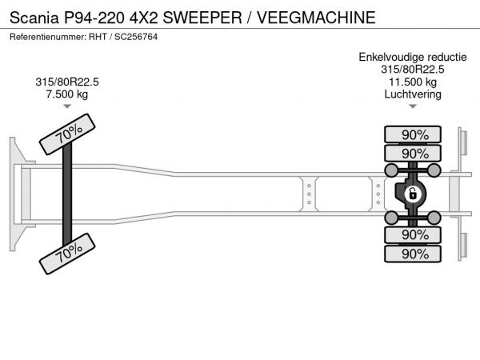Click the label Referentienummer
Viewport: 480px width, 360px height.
(52, 37)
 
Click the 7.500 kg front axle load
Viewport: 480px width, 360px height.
(67, 94)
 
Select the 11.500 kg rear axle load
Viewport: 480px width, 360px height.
(413, 82)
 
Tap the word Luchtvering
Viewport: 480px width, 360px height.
(413, 94)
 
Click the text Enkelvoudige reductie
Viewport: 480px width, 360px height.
(413, 57)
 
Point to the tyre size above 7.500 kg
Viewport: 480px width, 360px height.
(67, 82)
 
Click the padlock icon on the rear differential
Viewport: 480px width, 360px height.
(413, 194)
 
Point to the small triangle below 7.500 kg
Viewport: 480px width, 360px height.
(67, 106)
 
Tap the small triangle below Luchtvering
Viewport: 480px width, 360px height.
(413, 106)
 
